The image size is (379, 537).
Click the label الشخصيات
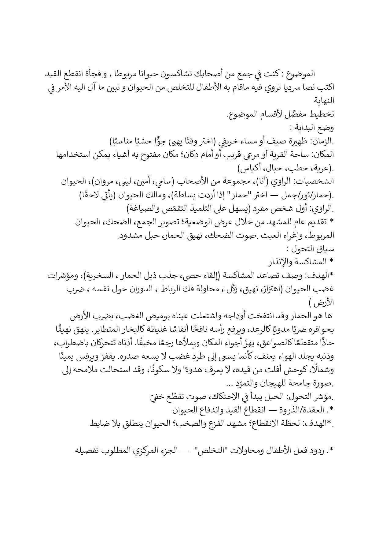317,182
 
